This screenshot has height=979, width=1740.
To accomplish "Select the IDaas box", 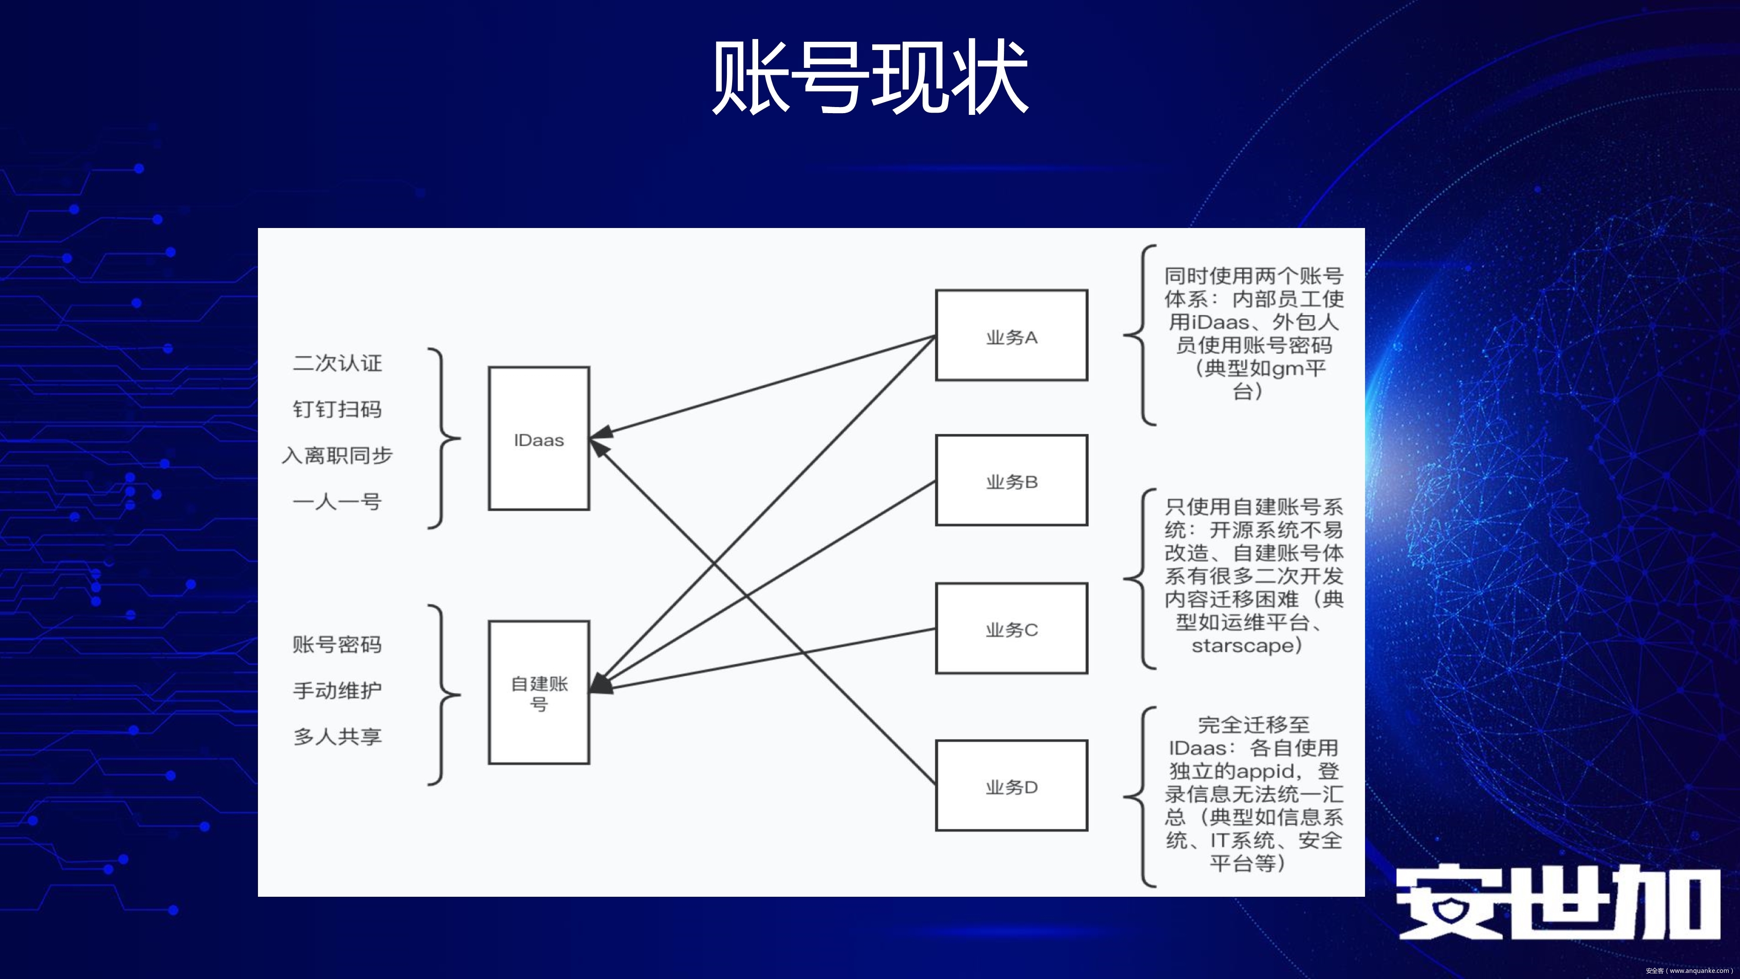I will click(539, 439).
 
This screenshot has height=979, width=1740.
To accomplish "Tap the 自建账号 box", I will click(539, 693).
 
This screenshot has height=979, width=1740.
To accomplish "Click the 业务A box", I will click(1011, 336).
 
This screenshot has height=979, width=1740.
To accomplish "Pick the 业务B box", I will click(1011, 480).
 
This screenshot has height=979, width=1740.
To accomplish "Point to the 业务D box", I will click(1011, 786).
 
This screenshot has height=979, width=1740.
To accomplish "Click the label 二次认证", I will click(337, 363).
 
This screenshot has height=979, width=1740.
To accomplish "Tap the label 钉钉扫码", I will click(337, 409).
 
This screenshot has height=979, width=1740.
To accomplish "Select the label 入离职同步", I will click(337, 456).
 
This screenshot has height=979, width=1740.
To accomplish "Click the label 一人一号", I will click(337, 501).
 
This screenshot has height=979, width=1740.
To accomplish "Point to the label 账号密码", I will click(337, 644).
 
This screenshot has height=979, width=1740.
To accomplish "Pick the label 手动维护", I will click(337, 691).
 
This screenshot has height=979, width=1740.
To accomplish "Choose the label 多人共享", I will click(337, 737).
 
